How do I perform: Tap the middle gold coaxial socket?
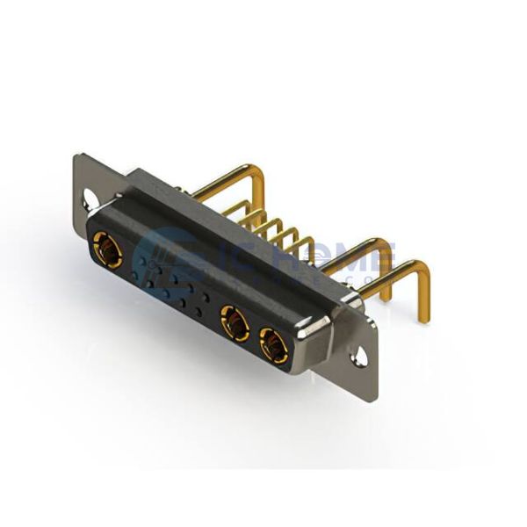click(x=235, y=321)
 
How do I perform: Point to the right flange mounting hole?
click(x=357, y=358)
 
